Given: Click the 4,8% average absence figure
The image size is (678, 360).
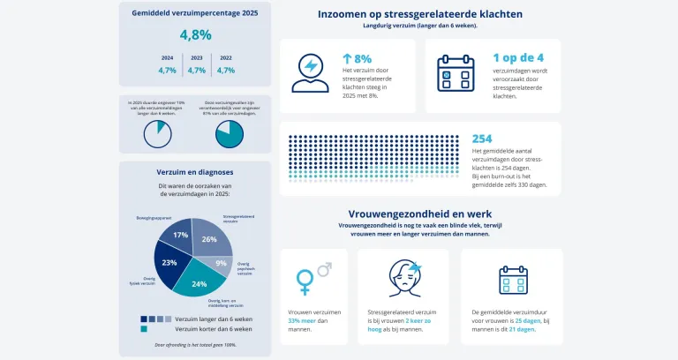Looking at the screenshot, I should point(195,35).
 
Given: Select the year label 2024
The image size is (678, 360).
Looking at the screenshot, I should point(167,57).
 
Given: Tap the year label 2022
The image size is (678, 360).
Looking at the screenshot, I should point(226,57).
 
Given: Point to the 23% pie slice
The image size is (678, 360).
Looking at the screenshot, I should point(169,263).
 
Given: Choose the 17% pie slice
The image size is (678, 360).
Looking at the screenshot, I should point(180,236).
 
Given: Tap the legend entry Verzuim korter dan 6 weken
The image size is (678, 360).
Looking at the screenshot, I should point(211,328).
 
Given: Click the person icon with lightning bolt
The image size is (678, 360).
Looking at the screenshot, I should point(310,75).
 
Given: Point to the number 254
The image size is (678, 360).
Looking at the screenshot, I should point(482,139).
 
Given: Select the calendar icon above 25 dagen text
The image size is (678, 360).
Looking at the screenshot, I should point(512,279).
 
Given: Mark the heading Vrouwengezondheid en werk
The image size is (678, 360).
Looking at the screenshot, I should point(419,214).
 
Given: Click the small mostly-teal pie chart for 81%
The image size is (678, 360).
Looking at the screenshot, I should point(229,134).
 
